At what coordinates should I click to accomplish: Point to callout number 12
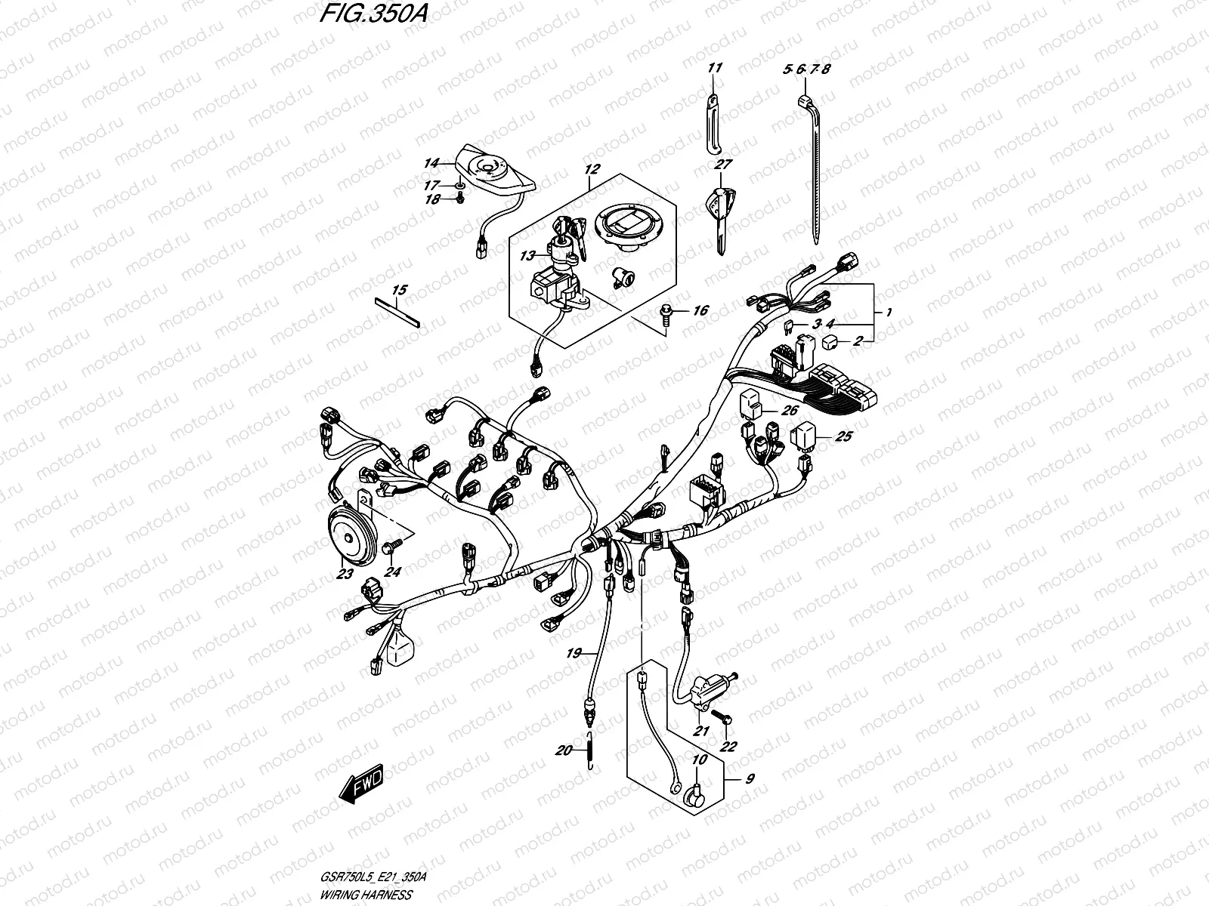pos(592,171)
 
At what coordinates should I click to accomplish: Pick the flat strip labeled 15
pos(397,310)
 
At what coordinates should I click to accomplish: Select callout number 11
pos(715,68)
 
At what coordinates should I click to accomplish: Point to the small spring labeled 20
pos(592,750)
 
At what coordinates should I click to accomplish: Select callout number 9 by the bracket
pos(748,779)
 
